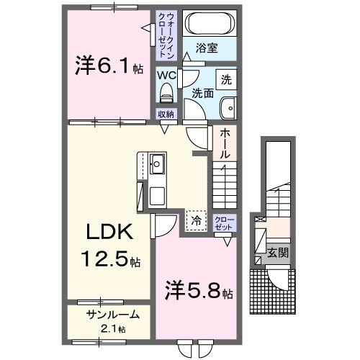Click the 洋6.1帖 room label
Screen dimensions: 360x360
pyautogui.click(x=109, y=66)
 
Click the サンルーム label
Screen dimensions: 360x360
pyautogui.click(x=109, y=314)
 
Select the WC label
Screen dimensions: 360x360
pyautogui.click(x=166, y=75)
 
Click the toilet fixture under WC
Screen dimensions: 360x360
pyautogui.click(x=166, y=93)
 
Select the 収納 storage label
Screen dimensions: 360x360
pyautogui.click(x=166, y=114)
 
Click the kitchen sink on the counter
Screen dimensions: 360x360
pyautogui.click(x=157, y=166)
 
